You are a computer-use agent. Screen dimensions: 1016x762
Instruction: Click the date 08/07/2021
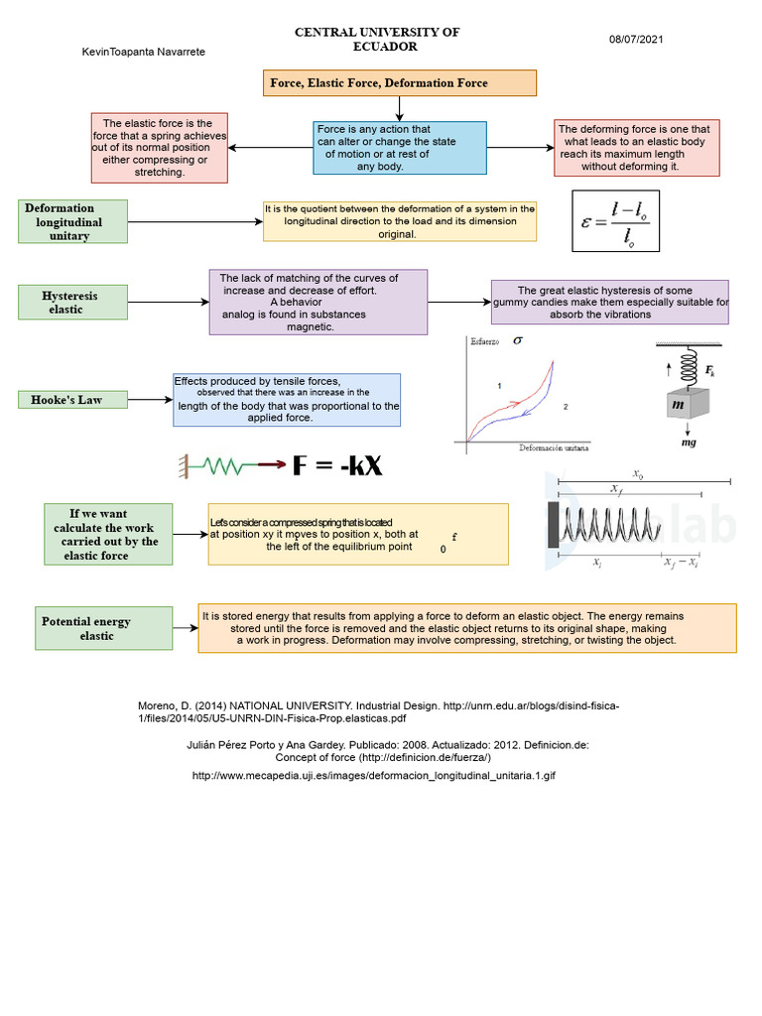636,40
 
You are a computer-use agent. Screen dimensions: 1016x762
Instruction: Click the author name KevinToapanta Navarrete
143,52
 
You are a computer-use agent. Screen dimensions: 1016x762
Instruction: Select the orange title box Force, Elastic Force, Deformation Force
400,83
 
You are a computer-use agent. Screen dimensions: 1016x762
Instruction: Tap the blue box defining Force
400,147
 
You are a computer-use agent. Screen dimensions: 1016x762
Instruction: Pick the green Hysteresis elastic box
73,303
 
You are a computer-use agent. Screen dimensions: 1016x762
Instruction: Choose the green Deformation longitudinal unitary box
74,221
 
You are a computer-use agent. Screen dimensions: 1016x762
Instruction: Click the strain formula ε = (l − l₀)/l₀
615,222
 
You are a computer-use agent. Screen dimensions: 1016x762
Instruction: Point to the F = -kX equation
337,465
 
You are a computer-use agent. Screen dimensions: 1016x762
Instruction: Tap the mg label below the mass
689,444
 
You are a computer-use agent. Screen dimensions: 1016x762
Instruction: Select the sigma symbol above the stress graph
518,341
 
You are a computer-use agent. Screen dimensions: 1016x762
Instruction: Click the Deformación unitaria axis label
553,448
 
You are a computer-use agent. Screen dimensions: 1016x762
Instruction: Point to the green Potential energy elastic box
103,628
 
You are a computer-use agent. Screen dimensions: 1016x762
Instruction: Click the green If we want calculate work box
108,534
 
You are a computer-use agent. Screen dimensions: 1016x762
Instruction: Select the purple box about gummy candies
610,302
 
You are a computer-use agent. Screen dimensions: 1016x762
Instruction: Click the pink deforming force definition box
636,148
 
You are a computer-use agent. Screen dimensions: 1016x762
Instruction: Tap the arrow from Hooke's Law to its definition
151,400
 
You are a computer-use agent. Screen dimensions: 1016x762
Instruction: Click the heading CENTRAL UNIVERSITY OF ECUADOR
378,40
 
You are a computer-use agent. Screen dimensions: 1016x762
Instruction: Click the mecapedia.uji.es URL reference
374,775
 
